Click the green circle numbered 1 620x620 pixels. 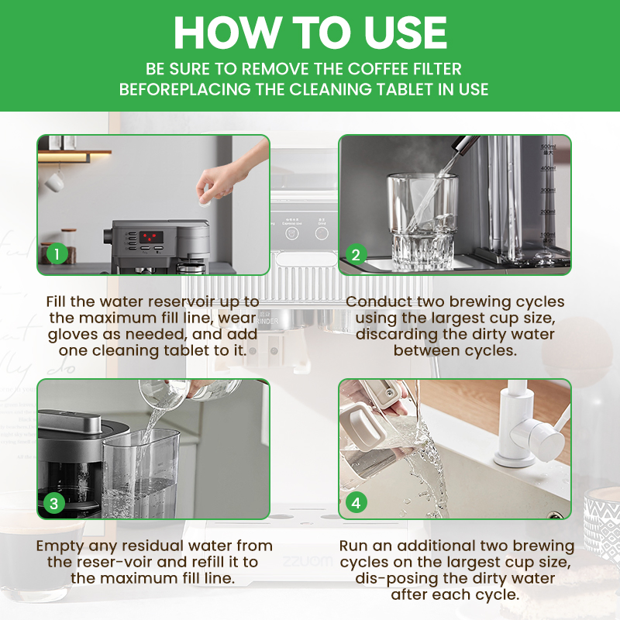click(55, 253)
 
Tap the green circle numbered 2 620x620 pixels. click(356, 253)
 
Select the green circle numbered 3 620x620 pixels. click(53, 503)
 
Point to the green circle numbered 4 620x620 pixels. click(356, 503)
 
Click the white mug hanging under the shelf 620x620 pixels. click(53, 180)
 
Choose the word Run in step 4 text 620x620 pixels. click(356, 546)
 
